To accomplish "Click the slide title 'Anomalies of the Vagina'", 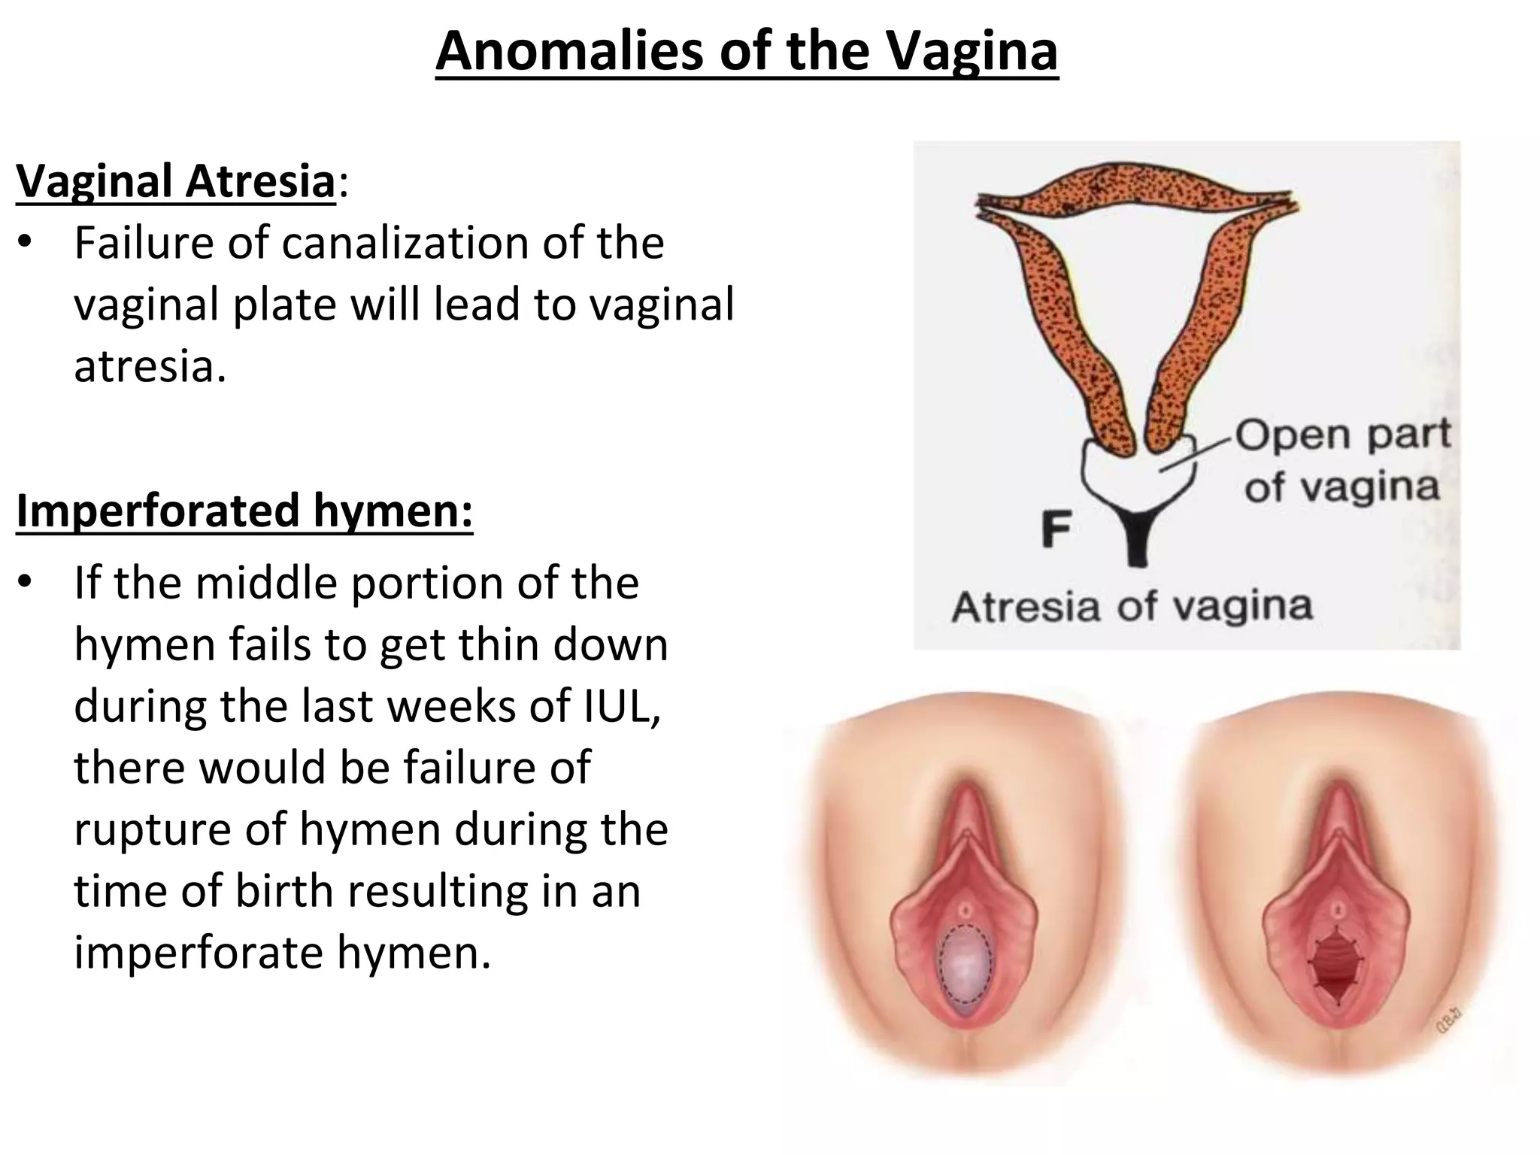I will (x=746, y=51).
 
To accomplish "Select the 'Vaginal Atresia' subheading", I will (x=175, y=181).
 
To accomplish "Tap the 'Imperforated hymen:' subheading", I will (x=244, y=511).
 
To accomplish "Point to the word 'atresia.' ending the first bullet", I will (x=150, y=367).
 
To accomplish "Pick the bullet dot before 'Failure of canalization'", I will (x=26, y=243).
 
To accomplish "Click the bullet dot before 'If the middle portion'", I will (x=26, y=583).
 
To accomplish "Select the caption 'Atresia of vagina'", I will (x=1132, y=607).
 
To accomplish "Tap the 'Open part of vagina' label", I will (x=1342, y=460).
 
